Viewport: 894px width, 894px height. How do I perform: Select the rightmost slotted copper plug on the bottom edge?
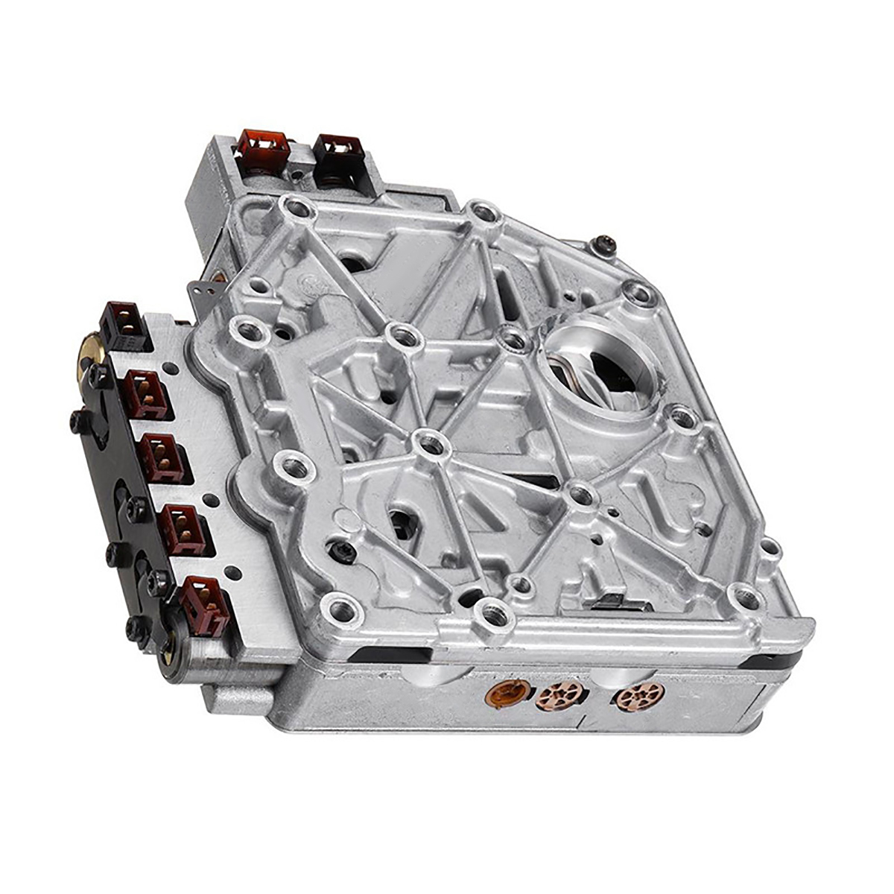639,697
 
